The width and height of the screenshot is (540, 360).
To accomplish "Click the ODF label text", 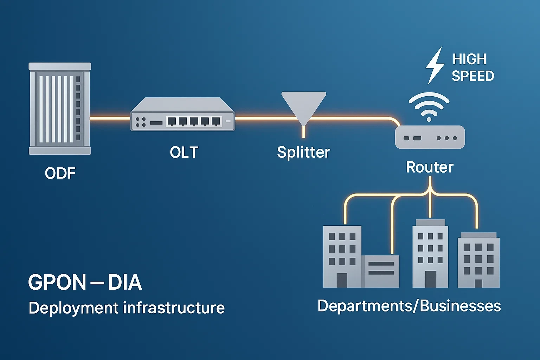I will (x=60, y=173).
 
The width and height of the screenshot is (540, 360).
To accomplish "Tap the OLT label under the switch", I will (x=184, y=153).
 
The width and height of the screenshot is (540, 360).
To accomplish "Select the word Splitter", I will (x=303, y=152).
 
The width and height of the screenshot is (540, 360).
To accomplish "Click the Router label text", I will (x=430, y=167).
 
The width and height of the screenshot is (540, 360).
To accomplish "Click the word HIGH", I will (x=469, y=59).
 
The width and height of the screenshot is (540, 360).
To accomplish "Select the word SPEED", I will (x=473, y=76).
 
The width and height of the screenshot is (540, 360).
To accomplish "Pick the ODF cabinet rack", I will (x=60, y=109).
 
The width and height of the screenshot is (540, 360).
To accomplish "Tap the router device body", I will (x=430, y=137).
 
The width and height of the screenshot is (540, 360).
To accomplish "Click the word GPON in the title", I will (x=57, y=282).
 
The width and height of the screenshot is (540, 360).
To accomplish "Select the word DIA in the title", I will (x=125, y=282).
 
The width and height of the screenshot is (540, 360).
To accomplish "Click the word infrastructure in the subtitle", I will (x=174, y=308).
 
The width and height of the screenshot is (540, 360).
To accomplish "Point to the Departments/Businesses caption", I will (x=409, y=306).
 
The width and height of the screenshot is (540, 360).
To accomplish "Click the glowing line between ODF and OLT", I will (x=110, y=118).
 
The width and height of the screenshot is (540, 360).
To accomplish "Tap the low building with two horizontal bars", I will (x=380, y=271).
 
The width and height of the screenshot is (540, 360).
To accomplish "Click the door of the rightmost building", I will (x=478, y=283).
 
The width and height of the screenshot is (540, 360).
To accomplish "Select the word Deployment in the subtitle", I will (x=73, y=308).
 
